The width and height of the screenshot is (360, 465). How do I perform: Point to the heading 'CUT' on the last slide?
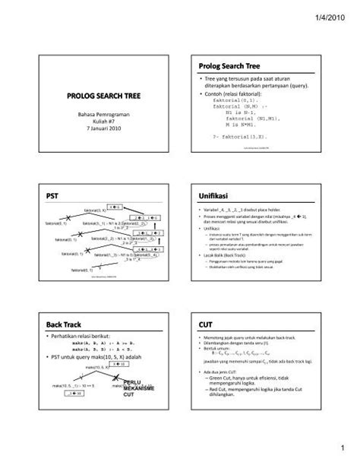click(x=205, y=324)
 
